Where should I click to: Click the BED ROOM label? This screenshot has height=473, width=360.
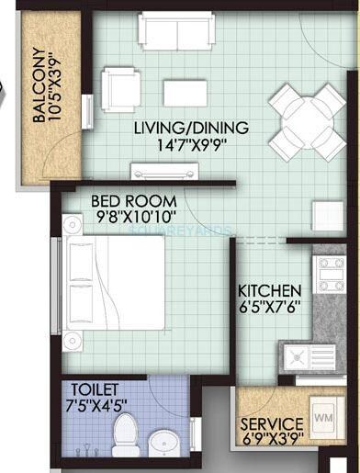coord(126,199)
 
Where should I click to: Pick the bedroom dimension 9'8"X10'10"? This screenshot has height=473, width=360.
coord(128,217)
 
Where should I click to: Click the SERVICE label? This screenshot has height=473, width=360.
coord(271,425)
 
